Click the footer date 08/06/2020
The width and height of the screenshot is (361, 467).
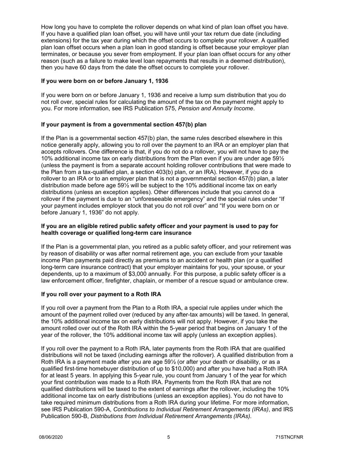pyautogui.click(x=51, y=437)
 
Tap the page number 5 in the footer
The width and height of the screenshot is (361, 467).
pyautogui.click(x=169, y=437)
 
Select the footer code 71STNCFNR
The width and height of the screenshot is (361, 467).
pyautogui.click(x=290, y=437)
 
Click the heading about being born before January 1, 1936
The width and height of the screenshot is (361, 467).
pyautogui.click(x=104, y=81)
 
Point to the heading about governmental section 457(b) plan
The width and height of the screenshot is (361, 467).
pyautogui.click(x=123, y=124)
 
